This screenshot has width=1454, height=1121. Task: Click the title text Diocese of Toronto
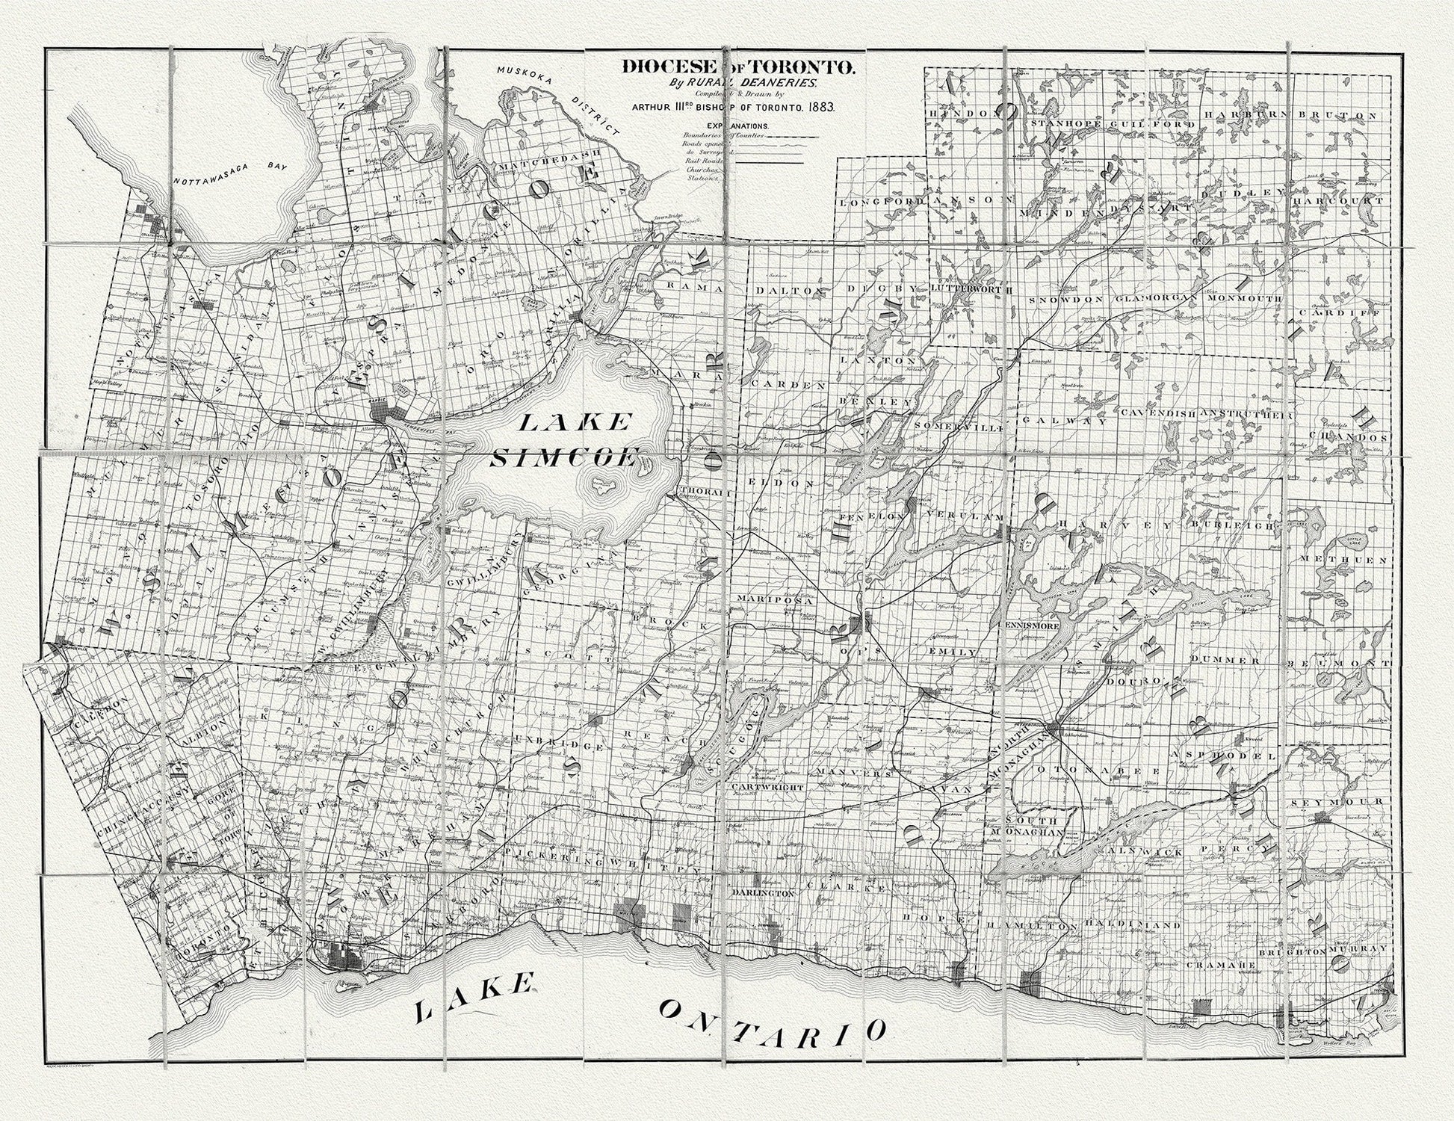(736, 67)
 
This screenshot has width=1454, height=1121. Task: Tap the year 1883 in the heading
(819, 107)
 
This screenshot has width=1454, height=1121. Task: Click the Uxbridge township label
(560, 746)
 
